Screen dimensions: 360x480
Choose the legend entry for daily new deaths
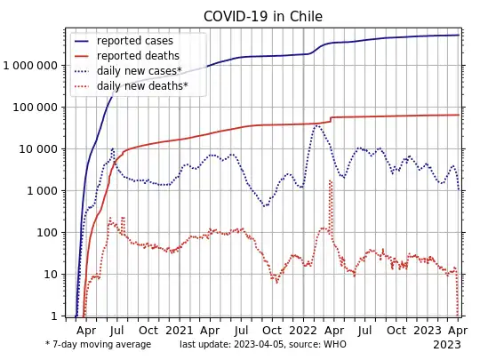point(142,86)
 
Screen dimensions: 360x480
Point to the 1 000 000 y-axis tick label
point(34,66)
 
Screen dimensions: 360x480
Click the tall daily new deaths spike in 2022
point(330,181)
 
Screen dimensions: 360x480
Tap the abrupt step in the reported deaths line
point(331,118)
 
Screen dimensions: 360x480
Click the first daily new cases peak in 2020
point(112,149)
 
